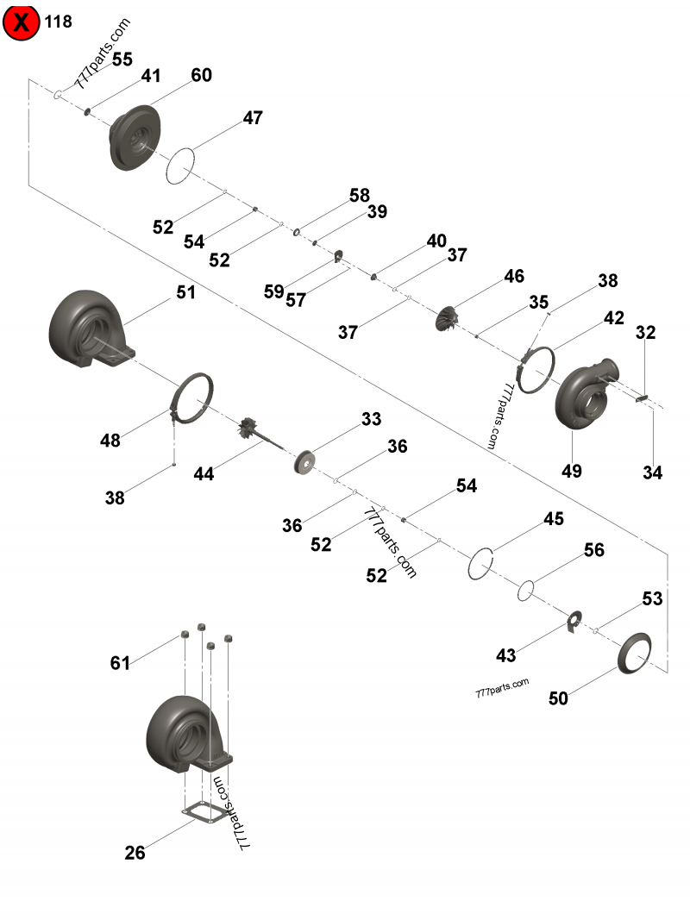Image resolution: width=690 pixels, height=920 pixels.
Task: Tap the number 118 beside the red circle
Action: coord(59,21)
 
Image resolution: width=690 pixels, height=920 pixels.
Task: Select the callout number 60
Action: coord(201,75)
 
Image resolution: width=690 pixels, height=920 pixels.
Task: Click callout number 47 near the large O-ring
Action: coord(252,118)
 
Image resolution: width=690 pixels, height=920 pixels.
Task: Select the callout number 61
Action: coord(120,663)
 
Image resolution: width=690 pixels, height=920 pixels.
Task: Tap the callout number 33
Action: coord(371,419)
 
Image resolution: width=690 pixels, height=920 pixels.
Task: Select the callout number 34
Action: coord(652,472)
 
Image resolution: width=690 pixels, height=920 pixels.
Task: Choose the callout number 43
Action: coord(505,656)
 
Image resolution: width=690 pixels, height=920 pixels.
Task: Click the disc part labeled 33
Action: coord(304,460)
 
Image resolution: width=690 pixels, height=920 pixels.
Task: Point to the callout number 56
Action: coord(594,550)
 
